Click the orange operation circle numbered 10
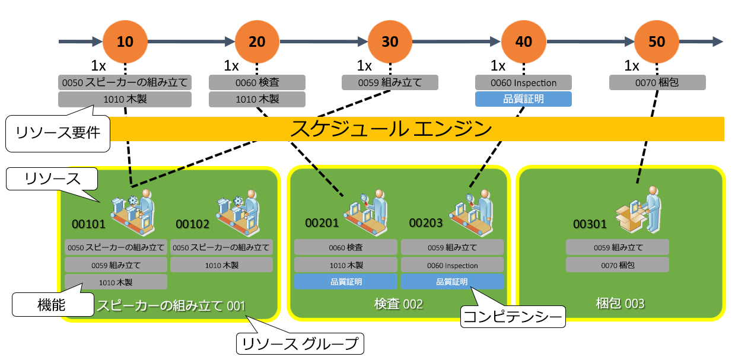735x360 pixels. pos(125,42)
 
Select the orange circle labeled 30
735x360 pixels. pos(390,42)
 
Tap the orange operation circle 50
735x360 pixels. pos(657,42)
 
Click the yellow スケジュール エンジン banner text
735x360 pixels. pos(391,129)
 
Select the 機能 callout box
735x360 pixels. pos(46,305)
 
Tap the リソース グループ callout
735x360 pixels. pos(300,343)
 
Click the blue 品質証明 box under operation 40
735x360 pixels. pos(523,99)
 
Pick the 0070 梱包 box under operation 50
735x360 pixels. pos(657,82)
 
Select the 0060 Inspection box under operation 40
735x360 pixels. pos(523,82)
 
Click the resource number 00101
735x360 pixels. pos(88,224)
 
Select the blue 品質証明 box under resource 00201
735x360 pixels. pos(346,282)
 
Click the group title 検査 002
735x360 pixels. pos(398,304)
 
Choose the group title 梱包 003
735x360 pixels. pos(620,304)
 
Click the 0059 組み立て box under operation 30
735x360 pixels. pos(390,82)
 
